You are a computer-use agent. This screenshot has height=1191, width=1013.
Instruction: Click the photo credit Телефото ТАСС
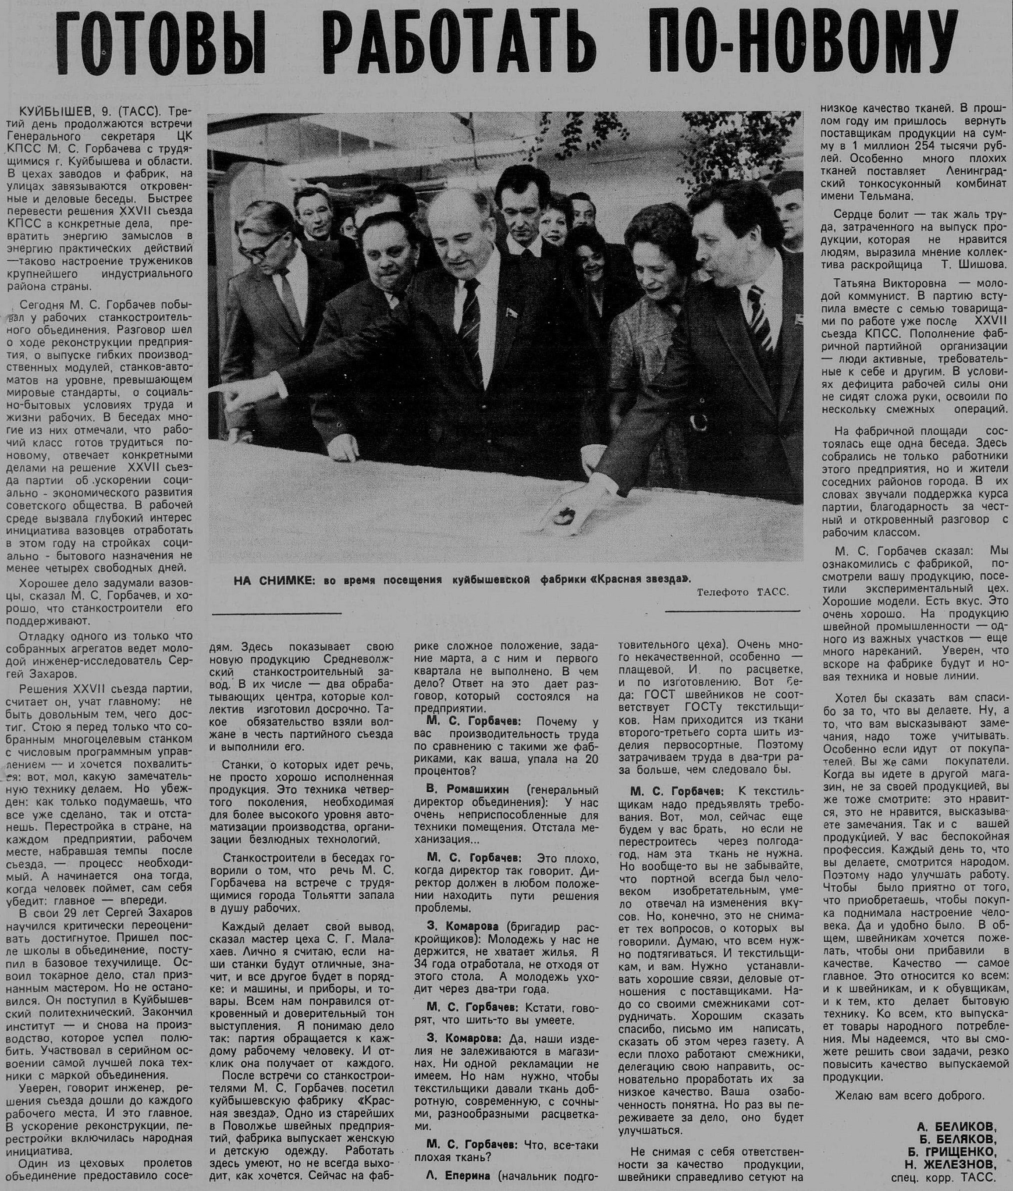[x=742, y=592]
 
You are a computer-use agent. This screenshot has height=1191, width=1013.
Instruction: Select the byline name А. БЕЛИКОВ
[x=957, y=1125]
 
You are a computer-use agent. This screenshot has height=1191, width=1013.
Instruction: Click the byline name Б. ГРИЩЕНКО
[x=952, y=1151]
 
